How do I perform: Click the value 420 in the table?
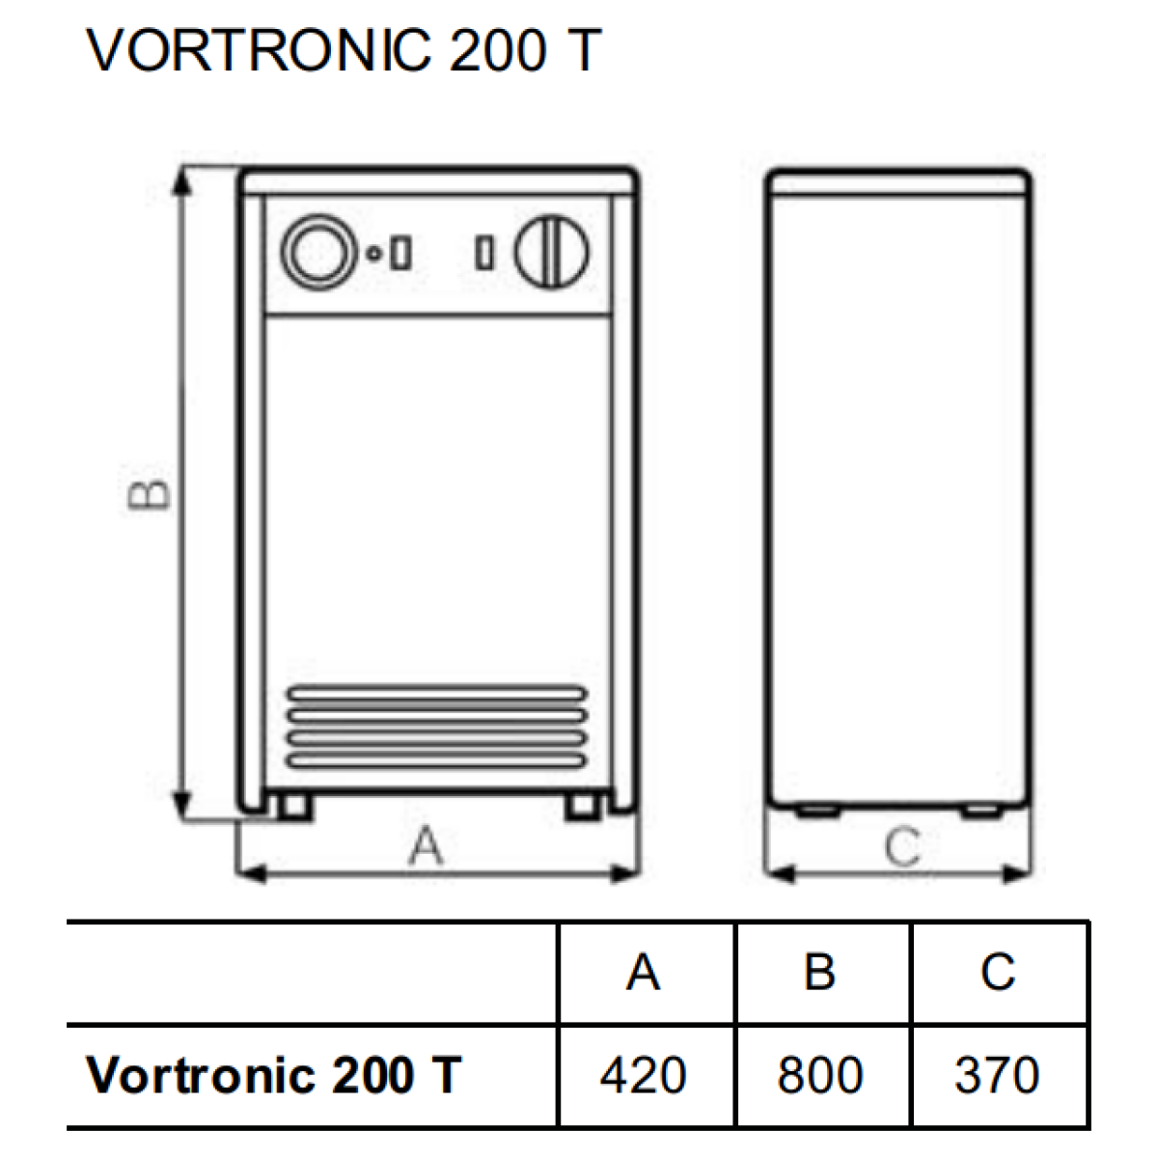point(643,1074)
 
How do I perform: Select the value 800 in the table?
point(819,1074)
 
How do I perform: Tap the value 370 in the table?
point(997,1074)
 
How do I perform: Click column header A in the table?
point(643,972)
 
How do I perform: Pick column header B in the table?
point(819,972)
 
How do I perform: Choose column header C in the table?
point(998,972)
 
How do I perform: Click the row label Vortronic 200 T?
point(274,1074)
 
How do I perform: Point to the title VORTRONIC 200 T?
point(344,50)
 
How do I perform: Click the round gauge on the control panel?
point(319,253)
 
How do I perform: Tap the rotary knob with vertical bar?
point(552,253)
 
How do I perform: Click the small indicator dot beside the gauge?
point(373,254)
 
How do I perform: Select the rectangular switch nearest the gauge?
point(400,253)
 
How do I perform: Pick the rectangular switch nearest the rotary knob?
point(484,253)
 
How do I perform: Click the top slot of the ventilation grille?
point(437,694)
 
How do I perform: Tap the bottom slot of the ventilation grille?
point(437,761)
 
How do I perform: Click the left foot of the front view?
point(294,807)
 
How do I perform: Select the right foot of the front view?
point(583,807)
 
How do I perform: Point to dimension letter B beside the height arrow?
point(150,495)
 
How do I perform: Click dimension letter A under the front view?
point(427,845)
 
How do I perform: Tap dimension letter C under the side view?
point(902,846)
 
